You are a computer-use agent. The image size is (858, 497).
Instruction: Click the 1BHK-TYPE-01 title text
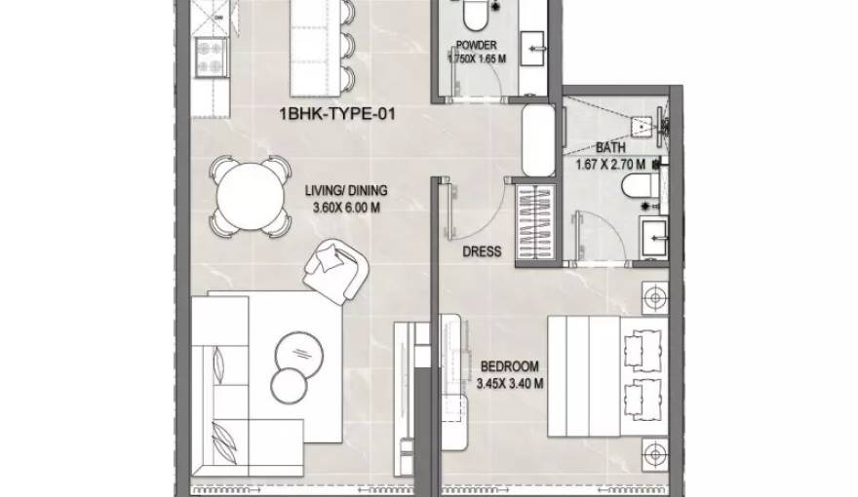coord(337,114)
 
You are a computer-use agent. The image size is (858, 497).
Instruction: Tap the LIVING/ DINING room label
coord(346,191)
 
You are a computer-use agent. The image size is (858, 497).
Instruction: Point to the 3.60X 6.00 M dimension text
coord(346,208)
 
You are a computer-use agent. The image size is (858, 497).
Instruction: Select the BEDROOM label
coord(509,366)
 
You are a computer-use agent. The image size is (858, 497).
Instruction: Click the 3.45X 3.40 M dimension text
coord(509,384)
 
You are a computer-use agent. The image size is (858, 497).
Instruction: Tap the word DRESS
coord(482,252)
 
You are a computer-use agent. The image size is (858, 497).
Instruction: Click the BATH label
coord(610,147)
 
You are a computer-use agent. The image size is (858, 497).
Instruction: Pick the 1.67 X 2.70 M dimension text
coord(610,164)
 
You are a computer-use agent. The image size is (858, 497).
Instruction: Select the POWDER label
coord(476,46)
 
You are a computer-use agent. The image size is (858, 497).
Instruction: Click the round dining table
coord(250,196)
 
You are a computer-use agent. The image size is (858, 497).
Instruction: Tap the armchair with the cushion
coord(336,271)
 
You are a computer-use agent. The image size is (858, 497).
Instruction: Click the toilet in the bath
coord(641,186)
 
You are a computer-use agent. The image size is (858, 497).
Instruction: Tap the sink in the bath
coord(654,237)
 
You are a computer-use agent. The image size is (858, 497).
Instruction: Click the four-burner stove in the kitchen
coord(211,57)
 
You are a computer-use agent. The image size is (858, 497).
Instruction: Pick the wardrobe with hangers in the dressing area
coord(535,222)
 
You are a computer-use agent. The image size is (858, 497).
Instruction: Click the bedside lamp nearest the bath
coord(655,298)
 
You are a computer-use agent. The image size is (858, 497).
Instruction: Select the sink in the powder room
coord(532,48)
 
